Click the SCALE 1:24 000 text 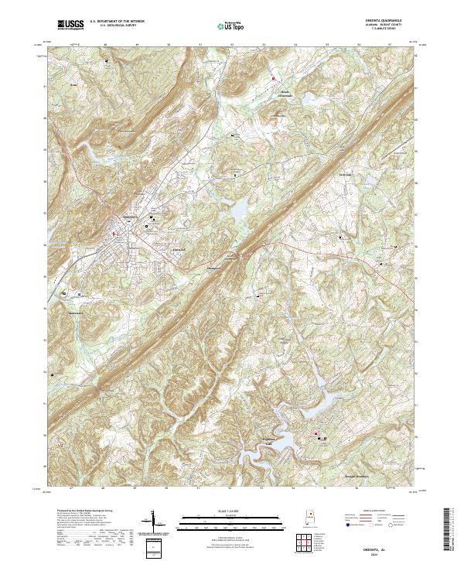(x=231, y=510)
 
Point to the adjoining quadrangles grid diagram (x=305, y=544)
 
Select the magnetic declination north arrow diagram (x=154, y=520)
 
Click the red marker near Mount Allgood (x=273, y=78)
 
